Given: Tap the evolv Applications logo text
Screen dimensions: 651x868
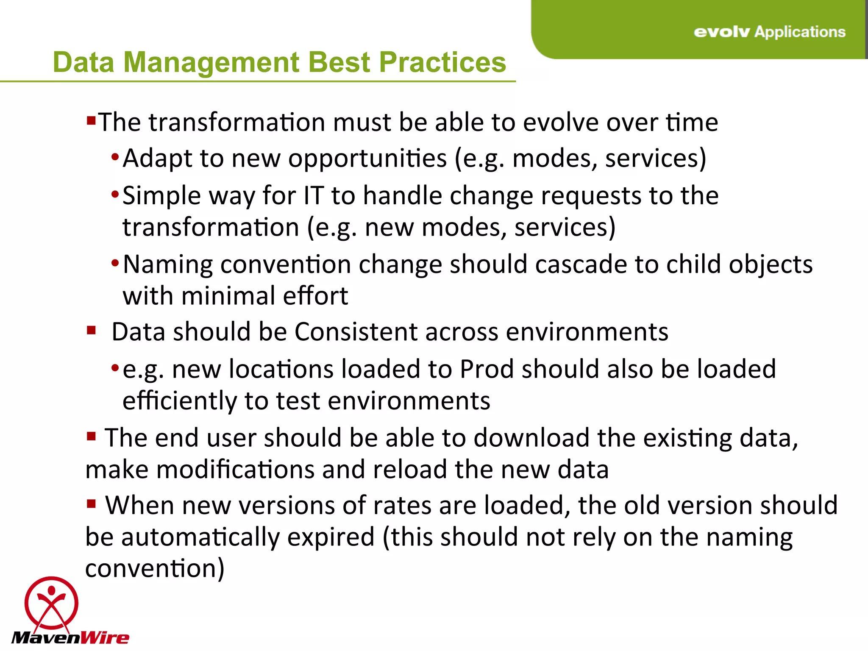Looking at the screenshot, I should (x=769, y=32).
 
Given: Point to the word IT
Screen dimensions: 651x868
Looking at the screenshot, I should (x=314, y=196).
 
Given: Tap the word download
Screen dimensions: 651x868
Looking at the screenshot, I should (x=531, y=438).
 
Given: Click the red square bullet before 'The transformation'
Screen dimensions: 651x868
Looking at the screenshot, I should (x=91, y=121).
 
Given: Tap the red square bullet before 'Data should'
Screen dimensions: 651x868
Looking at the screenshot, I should (x=91, y=330).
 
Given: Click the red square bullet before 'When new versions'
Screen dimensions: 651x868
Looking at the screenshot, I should (x=91, y=504).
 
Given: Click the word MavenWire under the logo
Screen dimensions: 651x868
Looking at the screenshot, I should (x=70, y=637).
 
